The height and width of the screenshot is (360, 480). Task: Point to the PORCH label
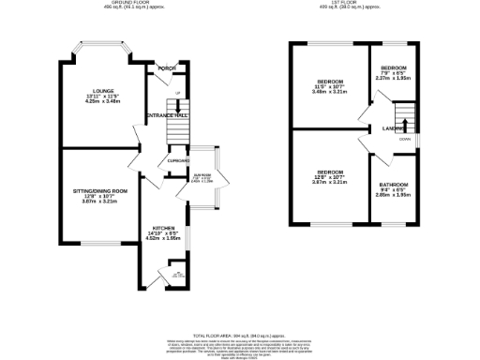point(168,68)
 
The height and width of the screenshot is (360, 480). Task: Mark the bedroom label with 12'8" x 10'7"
point(328,172)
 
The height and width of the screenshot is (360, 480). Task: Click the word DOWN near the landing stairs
point(404,140)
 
